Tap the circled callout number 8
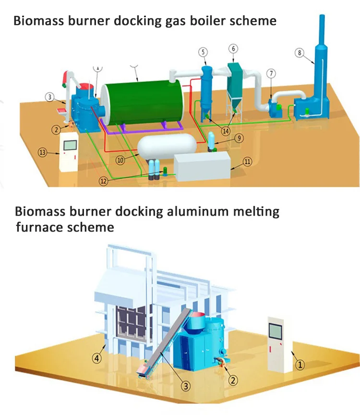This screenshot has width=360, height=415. coord(300,53)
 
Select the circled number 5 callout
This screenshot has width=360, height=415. coord(203,52)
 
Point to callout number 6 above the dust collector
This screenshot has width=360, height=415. coord(233,49)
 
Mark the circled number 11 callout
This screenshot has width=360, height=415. coord(247,162)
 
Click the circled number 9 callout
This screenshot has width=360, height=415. coord(240,138)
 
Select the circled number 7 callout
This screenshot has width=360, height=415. coord(272,73)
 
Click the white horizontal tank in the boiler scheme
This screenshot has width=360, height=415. coord(166,145)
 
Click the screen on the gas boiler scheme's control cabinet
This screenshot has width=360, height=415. coord(70,145)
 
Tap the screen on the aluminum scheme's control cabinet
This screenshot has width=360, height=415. coord(275,331)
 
